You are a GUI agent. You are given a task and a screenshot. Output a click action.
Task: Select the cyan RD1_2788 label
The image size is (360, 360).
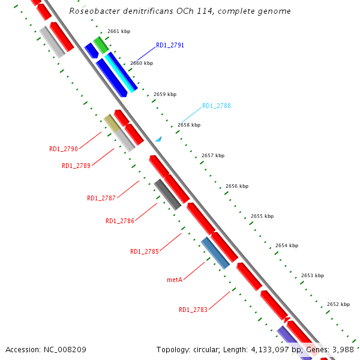(x=216, y=106)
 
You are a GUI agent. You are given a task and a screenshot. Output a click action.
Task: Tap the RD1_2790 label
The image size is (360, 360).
(x=64, y=149)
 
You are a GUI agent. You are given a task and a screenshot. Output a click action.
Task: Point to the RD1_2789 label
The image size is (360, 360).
(x=76, y=166)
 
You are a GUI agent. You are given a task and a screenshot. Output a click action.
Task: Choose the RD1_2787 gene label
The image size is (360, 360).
(x=101, y=198)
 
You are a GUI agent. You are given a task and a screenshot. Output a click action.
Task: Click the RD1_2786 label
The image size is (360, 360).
(x=120, y=221)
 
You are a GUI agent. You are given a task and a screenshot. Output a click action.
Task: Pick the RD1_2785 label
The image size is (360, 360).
(x=145, y=251)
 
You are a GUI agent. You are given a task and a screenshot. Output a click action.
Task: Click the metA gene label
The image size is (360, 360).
(x=175, y=280)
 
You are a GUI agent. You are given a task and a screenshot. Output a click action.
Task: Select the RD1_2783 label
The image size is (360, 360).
(x=193, y=310)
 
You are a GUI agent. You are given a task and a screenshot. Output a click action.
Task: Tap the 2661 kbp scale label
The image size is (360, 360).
(x=119, y=31)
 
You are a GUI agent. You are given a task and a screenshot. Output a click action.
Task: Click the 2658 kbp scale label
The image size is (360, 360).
(x=189, y=125)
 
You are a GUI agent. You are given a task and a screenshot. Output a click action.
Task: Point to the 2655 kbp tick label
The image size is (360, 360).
(x=262, y=216)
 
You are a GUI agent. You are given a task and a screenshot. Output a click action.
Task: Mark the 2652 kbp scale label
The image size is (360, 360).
(x=338, y=304)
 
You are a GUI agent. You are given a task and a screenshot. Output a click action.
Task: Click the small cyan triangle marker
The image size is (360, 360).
(x=158, y=139)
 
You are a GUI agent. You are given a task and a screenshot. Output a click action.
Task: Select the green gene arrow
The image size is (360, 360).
(x=100, y=44)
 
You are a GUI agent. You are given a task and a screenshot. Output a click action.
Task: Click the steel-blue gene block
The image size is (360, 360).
(x=215, y=253)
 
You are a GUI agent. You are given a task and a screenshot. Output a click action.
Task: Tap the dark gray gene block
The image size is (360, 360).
(x=167, y=194)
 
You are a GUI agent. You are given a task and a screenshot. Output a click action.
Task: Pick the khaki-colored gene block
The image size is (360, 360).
(x=112, y=123)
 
